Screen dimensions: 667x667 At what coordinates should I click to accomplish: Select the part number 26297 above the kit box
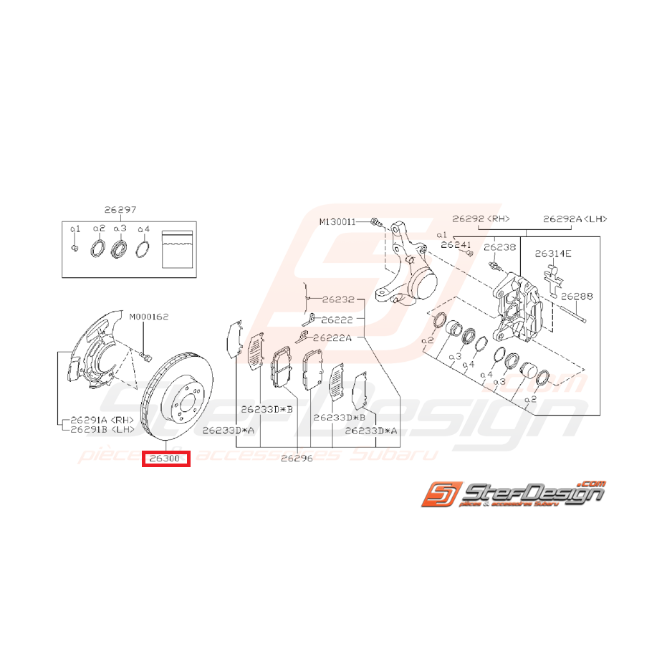(x=120, y=210)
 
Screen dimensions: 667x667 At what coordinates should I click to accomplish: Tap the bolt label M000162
(x=149, y=317)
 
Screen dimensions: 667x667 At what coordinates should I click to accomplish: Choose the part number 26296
(x=297, y=458)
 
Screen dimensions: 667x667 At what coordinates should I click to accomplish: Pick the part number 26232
(x=338, y=299)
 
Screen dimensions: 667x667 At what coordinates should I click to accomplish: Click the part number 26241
(x=457, y=244)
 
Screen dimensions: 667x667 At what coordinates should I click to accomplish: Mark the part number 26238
(x=499, y=247)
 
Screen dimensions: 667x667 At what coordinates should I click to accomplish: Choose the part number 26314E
(x=554, y=254)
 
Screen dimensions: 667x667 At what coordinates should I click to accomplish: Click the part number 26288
(x=577, y=295)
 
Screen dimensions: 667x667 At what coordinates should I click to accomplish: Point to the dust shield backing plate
(x=101, y=358)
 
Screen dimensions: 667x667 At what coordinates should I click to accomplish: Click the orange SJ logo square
(x=438, y=495)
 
